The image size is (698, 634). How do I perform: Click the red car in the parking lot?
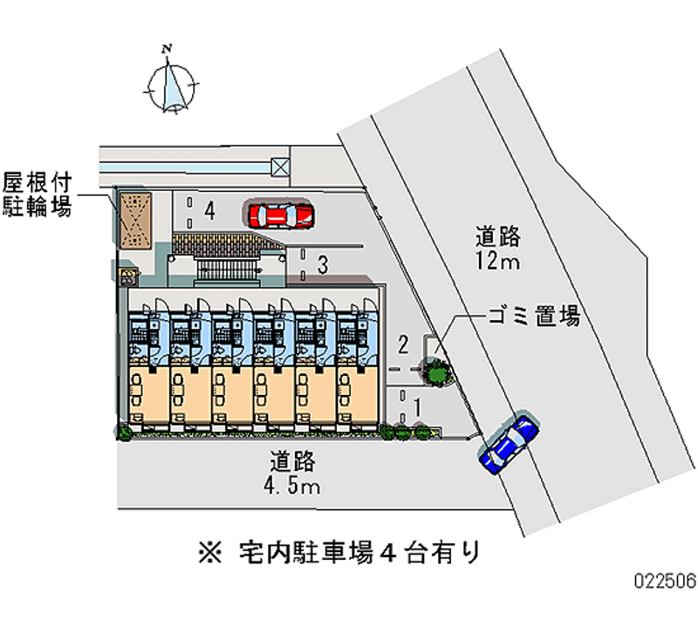[280, 215]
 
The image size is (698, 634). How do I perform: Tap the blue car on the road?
[509, 444]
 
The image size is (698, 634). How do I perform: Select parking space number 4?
[209, 210]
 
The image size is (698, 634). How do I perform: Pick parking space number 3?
[323, 264]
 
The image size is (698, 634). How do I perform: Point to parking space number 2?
[403, 344]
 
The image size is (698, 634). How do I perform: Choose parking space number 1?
[417, 406]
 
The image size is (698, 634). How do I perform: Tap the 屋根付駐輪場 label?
[37, 194]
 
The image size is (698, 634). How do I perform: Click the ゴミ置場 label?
[534, 317]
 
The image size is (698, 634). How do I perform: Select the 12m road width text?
[497, 261]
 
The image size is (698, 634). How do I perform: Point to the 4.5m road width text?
[292, 486]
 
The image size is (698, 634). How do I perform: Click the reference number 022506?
[666, 580]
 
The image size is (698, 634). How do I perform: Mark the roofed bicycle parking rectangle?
[134, 221]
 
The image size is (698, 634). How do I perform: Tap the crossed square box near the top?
[280, 167]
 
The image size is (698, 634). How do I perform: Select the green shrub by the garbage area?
[437, 371]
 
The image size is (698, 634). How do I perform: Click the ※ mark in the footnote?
[209, 553]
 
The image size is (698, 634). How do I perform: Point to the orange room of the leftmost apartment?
[148, 395]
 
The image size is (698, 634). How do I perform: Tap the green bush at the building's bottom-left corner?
[124, 433]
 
